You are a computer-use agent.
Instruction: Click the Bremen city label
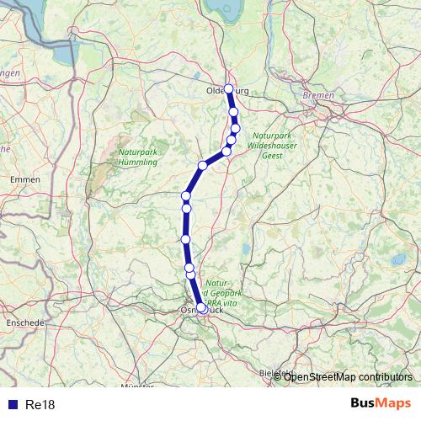coord(318,96)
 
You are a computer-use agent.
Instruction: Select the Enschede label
coord(22,322)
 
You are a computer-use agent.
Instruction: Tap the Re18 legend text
coord(40,405)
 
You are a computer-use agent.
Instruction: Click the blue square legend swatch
coord(13,405)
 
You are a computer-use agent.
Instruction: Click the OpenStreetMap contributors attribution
coord(348,376)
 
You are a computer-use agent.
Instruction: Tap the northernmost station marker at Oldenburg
coord(229,88)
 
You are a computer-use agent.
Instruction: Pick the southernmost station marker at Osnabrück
coord(202,308)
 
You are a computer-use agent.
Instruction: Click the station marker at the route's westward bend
coord(203,165)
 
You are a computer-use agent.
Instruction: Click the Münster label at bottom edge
coord(138,386)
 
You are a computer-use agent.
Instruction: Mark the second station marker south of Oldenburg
coord(236,128)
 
